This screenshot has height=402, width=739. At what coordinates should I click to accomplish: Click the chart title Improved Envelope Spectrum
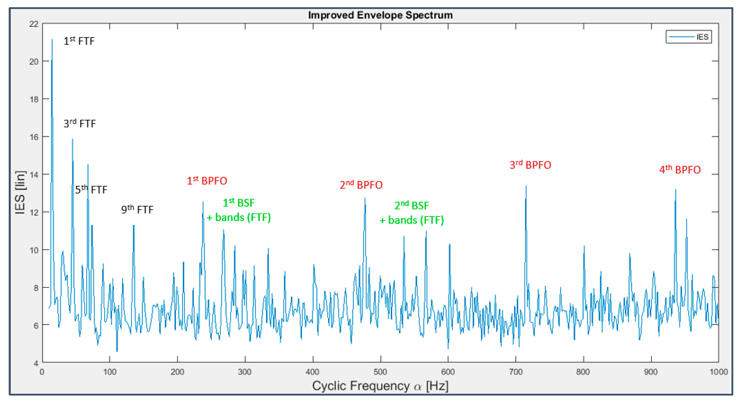coord(380,15)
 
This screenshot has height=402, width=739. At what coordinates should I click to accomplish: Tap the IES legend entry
coord(689,37)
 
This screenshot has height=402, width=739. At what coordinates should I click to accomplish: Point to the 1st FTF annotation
coord(79,41)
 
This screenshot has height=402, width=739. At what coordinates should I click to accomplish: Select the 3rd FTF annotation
coord(79,124)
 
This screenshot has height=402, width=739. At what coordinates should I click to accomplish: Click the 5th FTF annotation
coord(91,190)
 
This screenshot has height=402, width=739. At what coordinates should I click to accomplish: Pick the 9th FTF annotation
coord(137,210)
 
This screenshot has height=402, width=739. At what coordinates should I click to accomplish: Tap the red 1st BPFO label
coord(207,181)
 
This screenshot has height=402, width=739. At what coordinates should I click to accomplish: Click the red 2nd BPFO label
coord(361,185)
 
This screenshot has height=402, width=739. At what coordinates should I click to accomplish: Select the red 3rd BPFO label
coord(530,165)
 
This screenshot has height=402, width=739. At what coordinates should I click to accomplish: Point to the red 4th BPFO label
coord(680,170)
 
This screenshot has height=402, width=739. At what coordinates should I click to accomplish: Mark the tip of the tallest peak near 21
coord(52,40)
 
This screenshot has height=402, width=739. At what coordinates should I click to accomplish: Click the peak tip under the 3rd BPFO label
coord(526,186)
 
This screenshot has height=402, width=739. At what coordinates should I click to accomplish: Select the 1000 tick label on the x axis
coord(718,372)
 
